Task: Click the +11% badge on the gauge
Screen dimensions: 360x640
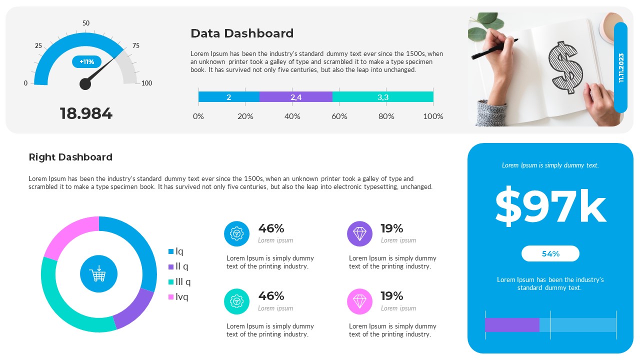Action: (x=87, y=62)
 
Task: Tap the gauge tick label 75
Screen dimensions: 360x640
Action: (x=135, y=45)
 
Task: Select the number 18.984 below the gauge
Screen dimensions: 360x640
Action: (x=86, y=113)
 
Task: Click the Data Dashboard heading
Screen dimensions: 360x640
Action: (x=242, y=33)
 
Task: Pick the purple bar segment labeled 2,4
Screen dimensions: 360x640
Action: (x=295, y=97)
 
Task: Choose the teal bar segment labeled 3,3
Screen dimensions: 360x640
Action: (x=382, y=97)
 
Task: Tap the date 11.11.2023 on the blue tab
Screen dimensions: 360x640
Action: (x=621, y=67)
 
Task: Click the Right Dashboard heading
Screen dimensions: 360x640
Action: (x=70, y=157)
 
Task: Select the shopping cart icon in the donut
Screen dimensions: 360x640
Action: (x=98, y=274)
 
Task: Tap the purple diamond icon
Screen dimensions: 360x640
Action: (x=359, y=233)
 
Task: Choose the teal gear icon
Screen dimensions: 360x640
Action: (x=236, y=301)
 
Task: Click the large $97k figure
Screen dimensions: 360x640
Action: (x=550, y=206)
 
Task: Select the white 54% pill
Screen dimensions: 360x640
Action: (x=550, y=253)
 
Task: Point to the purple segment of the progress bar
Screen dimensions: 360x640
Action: (x=512, y=325)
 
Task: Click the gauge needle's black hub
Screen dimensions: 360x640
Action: (x=85, y=84)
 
